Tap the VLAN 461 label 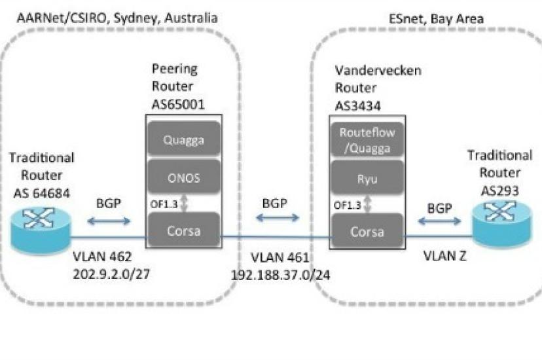point(280,258)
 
